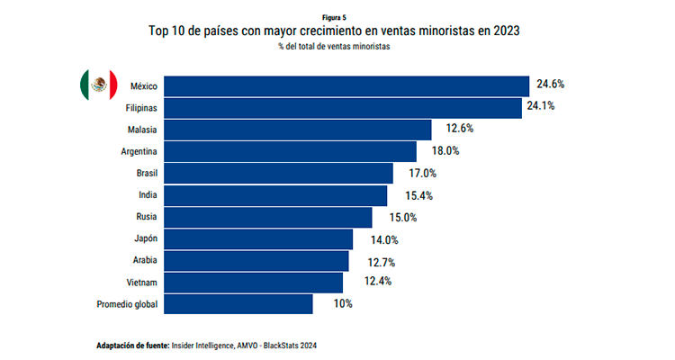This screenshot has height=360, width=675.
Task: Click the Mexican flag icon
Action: pyautogui.click(x=98, y=85)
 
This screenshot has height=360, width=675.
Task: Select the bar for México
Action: pyautogui.click(x=346, y=86)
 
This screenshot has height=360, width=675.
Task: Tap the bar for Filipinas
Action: pyautogui.click(x=343, y=108)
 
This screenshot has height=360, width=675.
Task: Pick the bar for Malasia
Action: pyautogui.click(x=298, y=130)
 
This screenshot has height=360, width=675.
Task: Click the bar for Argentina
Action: pyautogui.click(x=291, y=151)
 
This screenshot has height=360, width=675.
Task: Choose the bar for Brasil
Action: pyautogui.click(x=279, y=173)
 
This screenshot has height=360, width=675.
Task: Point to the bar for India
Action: pyautogui.click(x=275, y=195)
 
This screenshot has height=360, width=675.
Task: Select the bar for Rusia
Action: pyautogui.click(x=268, y=217)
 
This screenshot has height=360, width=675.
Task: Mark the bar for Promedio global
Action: pyautogui.click(x=238, y=304)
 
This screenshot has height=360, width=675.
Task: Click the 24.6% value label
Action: pyautogui.click(x=550, y=85)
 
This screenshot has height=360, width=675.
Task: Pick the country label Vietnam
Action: pyautogui.click(x=141, y=283)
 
